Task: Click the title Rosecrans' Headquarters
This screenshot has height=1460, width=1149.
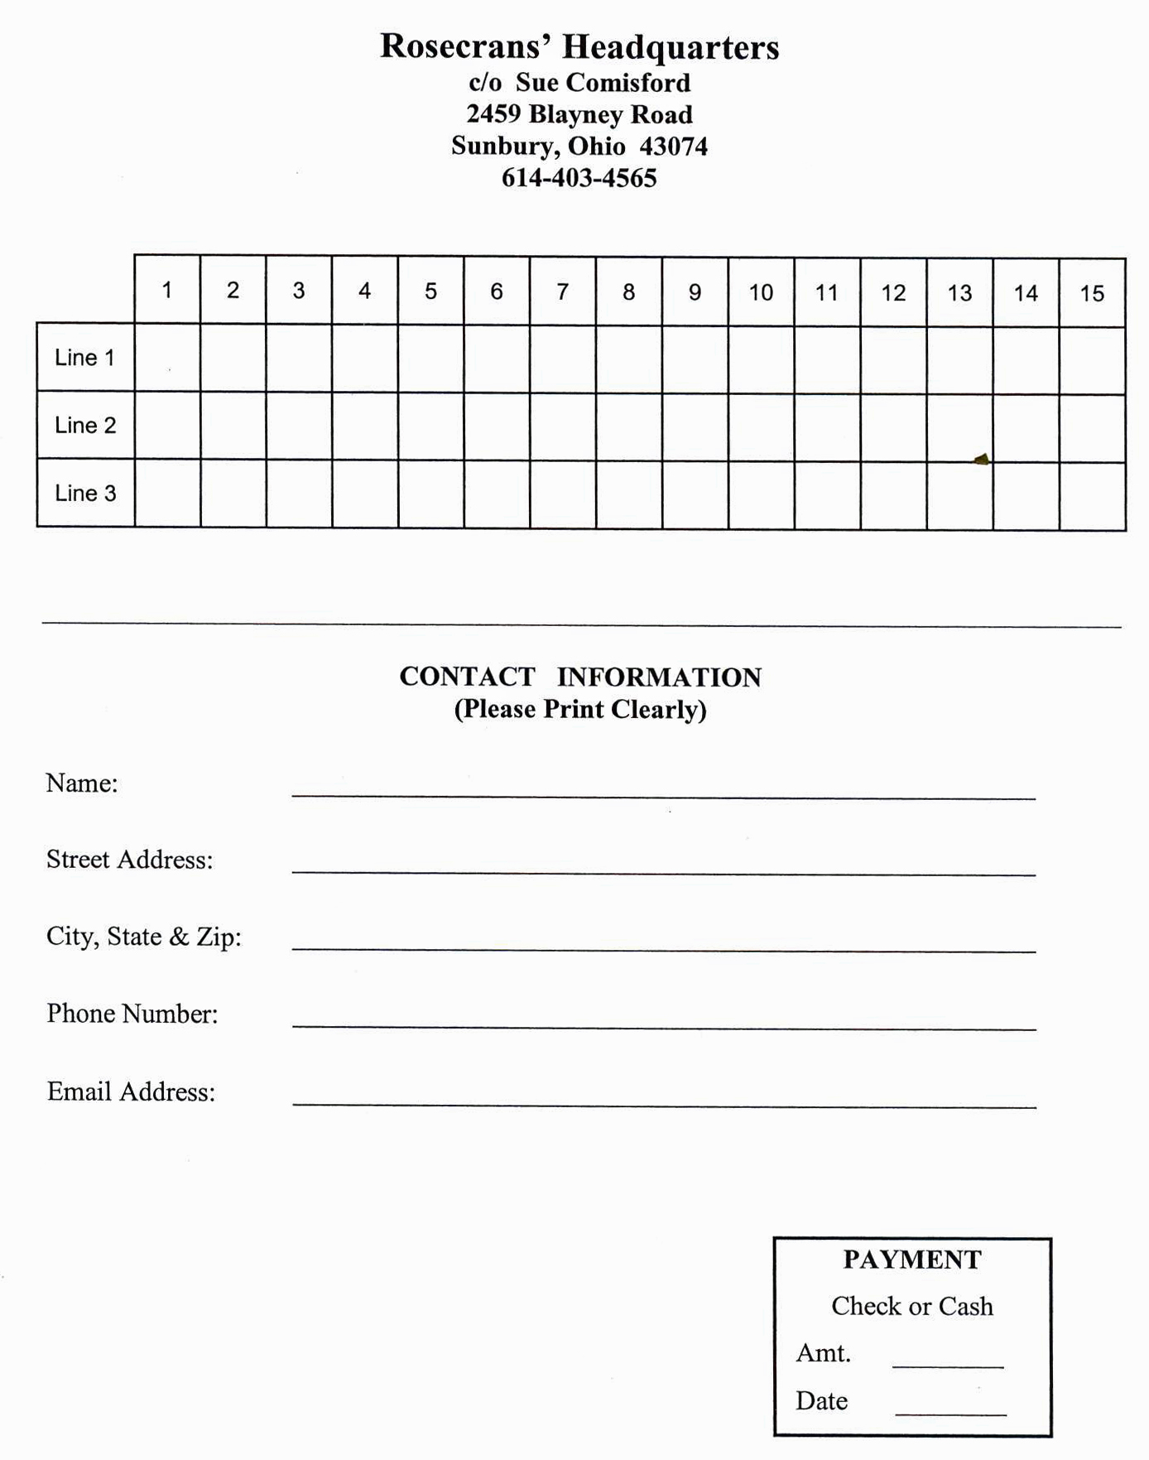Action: (x=579, y=47)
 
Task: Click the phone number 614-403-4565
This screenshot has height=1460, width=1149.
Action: (x=579, y=178)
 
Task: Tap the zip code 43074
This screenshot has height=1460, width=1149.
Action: (x=674, y=147)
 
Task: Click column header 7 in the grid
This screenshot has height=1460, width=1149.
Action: (x=563, y=292)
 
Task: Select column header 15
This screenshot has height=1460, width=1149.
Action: (x=1092, y=293)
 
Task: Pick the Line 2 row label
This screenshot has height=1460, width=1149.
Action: (x=85, y=426)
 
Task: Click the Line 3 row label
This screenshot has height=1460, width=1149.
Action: (x=85, y=494)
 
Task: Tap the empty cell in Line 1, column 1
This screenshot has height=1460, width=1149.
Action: (x=167, y=358)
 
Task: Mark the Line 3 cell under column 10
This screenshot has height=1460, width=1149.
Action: (x=761, y=495)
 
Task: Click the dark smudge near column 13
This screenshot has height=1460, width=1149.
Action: (x=982, y=459)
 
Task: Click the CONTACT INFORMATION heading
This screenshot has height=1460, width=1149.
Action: (x=580, y=677)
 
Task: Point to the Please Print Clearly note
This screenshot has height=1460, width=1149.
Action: (x=580, y=710)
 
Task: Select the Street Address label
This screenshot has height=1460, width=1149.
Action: (x=130, y=860)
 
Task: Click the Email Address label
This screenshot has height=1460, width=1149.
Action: (x=131, y=1091)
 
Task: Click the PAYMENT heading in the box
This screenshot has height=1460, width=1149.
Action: (x=912, y=1260)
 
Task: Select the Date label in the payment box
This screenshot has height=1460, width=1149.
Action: (x=821, y=1400)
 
